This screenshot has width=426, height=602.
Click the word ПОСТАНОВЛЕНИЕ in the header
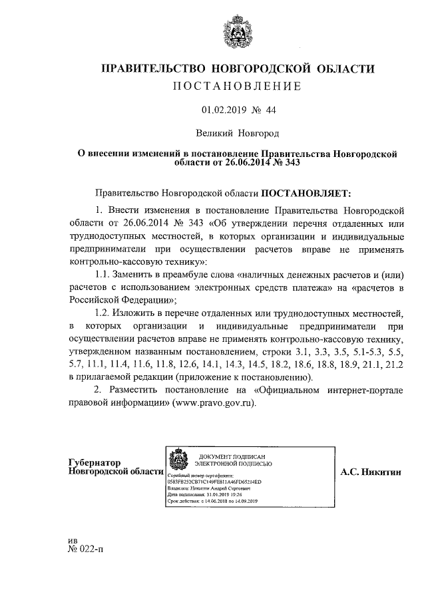pyautogui.click(x=238, y=86)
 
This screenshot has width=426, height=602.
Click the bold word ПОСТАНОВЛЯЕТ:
pyautogui.click(x=304, y=194)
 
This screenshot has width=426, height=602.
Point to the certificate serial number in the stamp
pyautogui.click(x=214, y=481)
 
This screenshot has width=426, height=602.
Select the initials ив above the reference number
pyautogui.click(x=74, y=539)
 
